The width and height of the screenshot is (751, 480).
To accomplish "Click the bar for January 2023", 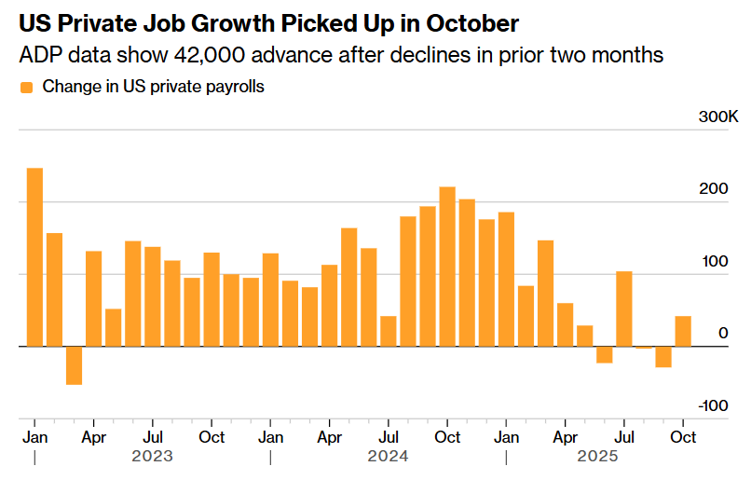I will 34,257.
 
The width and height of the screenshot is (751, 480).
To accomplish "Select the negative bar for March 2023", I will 74,365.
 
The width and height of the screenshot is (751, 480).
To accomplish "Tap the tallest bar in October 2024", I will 447,267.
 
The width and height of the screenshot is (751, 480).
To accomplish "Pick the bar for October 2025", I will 683,331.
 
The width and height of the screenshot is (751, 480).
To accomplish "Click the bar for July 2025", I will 624,309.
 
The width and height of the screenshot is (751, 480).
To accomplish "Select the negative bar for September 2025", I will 663,357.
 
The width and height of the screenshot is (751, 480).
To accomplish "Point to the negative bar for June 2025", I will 605,355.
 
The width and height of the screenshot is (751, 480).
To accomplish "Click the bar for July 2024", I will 389,331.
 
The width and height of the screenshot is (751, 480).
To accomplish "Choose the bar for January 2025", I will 506,280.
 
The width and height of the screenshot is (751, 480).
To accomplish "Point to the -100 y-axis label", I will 714,405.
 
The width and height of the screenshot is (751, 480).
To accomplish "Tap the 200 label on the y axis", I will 715,189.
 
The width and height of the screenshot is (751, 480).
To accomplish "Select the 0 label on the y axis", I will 723,334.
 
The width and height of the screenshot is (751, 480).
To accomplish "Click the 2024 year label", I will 388,458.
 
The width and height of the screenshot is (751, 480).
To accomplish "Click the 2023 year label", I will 152,458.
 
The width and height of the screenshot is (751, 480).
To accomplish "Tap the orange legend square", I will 26,88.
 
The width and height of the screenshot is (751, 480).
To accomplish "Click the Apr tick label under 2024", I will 330,436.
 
